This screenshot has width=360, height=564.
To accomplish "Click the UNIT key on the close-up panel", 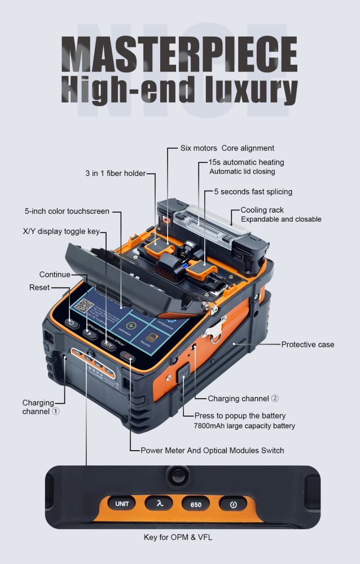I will (x=122, y=504).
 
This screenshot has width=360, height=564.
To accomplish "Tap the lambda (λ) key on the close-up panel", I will (x=159, y=504).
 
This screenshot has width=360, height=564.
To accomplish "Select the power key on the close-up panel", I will (x=233, y=504).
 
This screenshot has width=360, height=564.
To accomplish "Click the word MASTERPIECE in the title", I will (x=180, y=55).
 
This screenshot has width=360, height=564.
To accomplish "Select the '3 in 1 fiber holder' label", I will (x=115, y=173).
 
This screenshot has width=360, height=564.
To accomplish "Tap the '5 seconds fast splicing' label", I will (x=253, y=192).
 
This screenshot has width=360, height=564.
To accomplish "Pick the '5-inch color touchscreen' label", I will (x=67, y=211).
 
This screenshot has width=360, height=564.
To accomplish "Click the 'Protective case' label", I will (x=308, y=344).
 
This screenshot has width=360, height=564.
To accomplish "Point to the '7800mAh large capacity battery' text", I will (x=252, y=426).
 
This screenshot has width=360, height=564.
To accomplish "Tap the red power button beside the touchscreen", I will (x=128, y=356).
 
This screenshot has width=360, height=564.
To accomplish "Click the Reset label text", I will (x=39, y=287).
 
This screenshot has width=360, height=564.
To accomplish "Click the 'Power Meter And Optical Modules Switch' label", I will (x=212, y=450).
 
